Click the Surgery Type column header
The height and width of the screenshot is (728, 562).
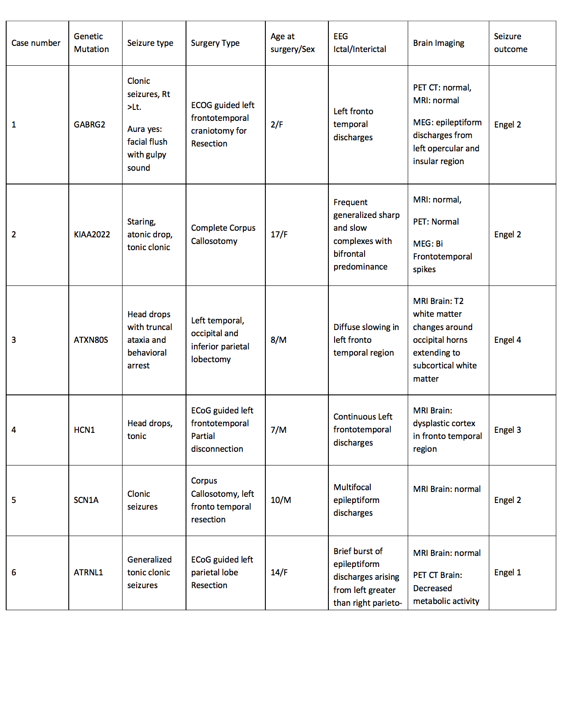(x=215, y=43)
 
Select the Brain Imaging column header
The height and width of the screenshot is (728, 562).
(x=439, y=43)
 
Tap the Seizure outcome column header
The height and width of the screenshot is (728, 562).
(x=510, y=43)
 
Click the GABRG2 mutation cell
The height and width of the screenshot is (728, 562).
(x=89, y=124)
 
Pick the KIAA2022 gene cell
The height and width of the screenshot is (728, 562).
(x=92, y=234)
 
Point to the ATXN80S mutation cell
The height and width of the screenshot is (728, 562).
(x=91, y=340)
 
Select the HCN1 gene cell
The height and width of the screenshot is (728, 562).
(x=84, y=430)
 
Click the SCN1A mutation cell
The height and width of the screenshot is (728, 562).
(x=86, y=500)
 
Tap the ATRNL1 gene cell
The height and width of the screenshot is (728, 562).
(x=88, y=572)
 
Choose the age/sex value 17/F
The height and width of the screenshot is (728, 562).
(x=279, y=234)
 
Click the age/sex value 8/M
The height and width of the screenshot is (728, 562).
(x=279, y=340)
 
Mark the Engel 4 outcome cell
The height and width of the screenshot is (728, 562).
(x=507, y=340)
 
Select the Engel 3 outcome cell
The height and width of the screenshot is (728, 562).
(x=507, y=430)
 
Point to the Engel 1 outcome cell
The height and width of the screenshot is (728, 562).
(x=507, y=572)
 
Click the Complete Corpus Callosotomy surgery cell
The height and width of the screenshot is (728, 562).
(x=223, y=234)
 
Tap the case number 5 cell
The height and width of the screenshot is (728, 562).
(x=14, y=500)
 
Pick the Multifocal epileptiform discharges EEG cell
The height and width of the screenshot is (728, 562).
(x=356, y=500)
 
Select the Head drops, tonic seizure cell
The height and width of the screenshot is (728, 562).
(x=150, y=430)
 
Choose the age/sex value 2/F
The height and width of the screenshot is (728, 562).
(x=277, y=124)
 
